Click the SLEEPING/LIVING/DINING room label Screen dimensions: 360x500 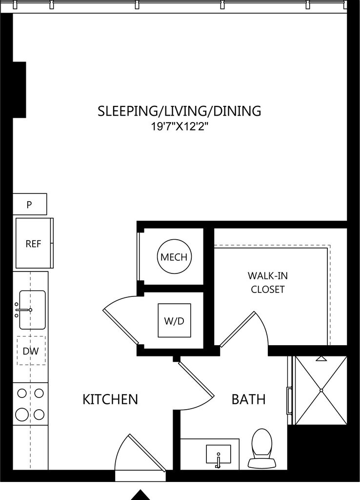(180, 111)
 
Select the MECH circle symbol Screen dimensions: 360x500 (174, 257)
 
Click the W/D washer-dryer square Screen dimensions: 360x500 (174, 320)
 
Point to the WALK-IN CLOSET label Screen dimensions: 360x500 (268, 282)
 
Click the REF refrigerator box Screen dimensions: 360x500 (34, 243)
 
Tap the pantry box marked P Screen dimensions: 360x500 (30, 204)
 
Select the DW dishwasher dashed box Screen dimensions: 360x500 (31, 351)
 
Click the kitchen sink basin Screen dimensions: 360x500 (32, 310)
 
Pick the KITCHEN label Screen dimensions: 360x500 (110, 399)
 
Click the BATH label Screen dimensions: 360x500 (248, 399)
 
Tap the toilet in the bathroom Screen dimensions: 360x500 (262, 448)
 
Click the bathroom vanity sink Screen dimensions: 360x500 (218, 454)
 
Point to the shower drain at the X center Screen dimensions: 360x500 (321, 390)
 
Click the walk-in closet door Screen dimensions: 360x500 (238, 329)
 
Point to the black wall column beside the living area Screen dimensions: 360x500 (19, 90)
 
